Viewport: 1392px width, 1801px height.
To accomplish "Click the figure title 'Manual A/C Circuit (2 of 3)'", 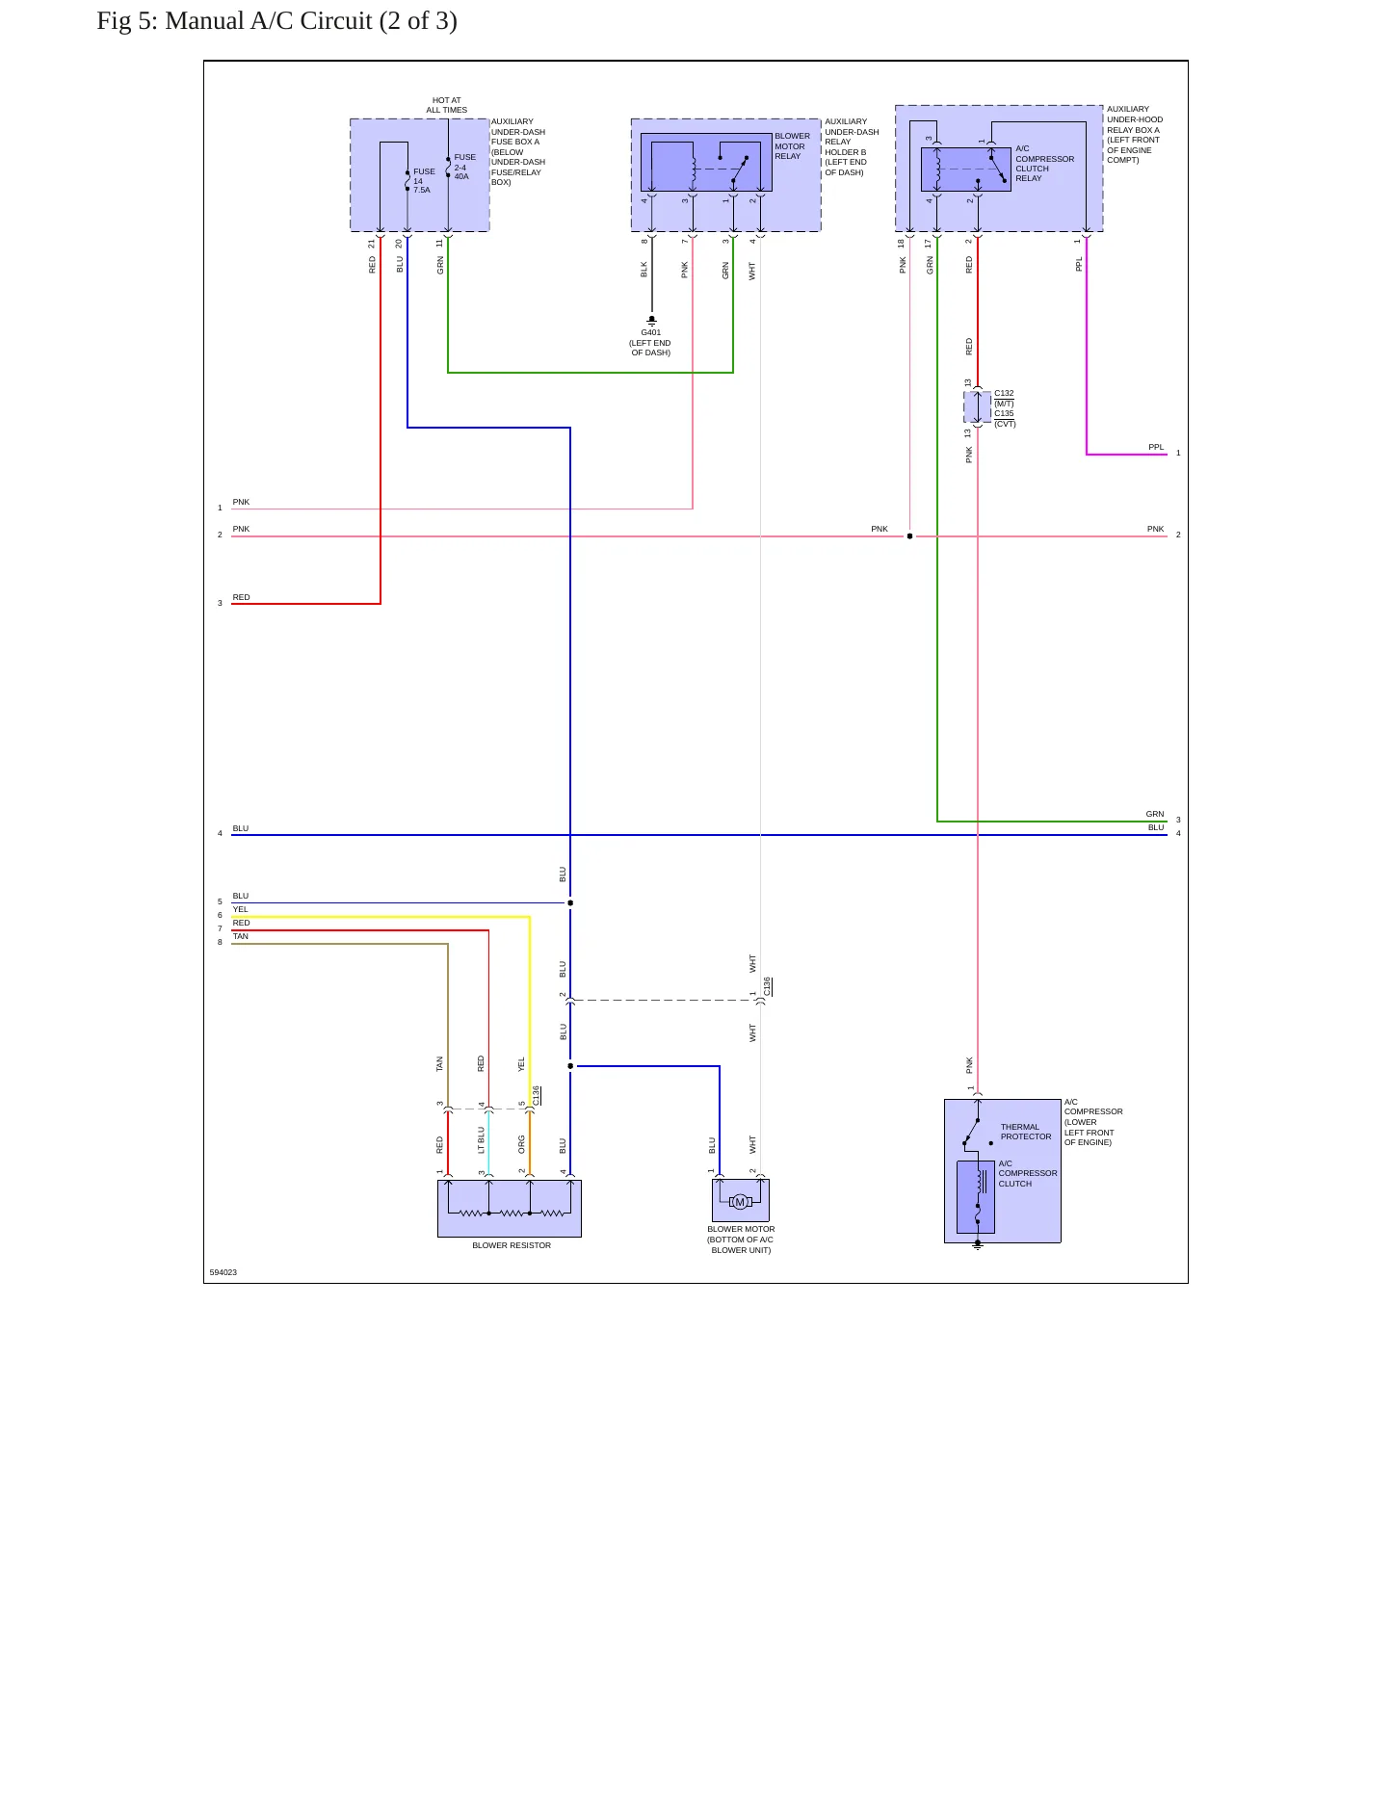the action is [x=311, y=21].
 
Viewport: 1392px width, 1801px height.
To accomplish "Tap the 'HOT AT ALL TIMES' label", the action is [x=447, y=105].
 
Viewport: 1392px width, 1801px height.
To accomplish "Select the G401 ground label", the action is [x=651, y=332].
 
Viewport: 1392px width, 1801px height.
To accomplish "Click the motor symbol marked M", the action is [x=740, y=1202].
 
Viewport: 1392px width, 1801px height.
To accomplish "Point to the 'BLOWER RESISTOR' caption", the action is [x=512, y=1245].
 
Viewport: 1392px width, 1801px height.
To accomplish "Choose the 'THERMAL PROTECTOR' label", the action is [x=1026, y=1132].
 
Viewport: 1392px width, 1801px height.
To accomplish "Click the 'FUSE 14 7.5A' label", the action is [x=424, y=180].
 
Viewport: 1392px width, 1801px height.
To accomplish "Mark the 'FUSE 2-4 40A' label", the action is [x=464, y=167].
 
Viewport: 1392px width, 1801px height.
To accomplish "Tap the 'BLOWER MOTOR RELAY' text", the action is [x=792, y=146].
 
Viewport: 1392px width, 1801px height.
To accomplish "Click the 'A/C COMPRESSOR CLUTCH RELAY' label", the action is [x=1044, y=164].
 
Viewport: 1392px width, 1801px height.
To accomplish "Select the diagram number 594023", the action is [x=223, y=1272].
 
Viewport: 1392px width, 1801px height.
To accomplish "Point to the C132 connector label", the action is [x=1004, y=393].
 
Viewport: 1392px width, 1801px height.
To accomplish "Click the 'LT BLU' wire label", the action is [x=482, y=1140].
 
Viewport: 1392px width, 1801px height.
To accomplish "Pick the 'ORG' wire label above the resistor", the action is [x=522, y=1144].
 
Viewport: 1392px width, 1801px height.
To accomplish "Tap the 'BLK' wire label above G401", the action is [x=644, y=270].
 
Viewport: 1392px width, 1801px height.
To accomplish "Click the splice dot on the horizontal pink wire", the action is [x=909, y=535].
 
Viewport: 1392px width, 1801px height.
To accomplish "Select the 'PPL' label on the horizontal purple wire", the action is [x=1156, y=447].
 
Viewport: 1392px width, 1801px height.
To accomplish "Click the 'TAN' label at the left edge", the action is [x=240, y=936].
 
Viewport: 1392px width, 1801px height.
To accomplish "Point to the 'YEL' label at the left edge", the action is [x=240, y=909].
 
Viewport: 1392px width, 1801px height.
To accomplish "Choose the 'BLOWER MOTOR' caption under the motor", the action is [x=741, y=1229].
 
